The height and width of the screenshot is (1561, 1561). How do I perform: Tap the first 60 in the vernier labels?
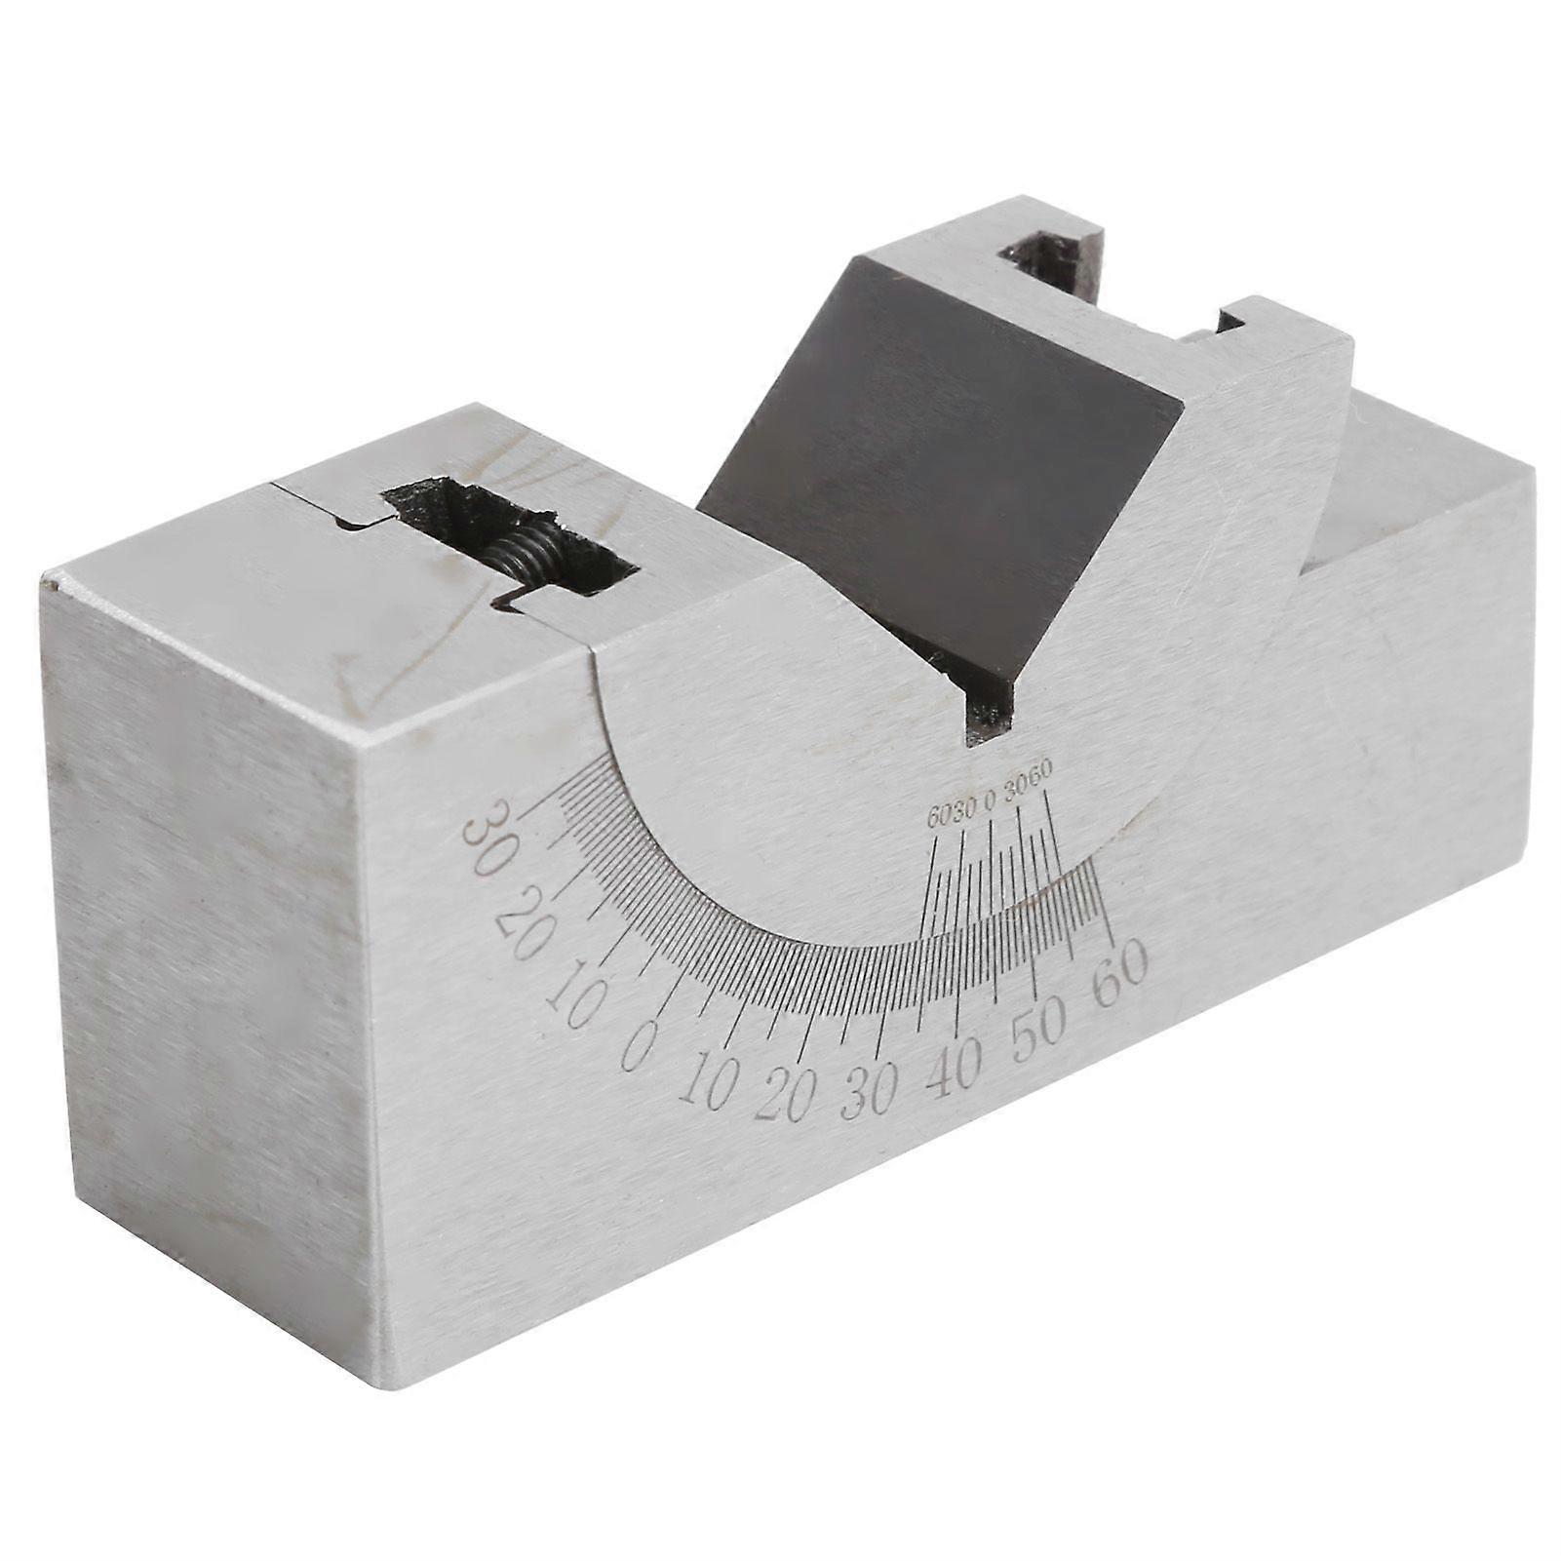point(937,817)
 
